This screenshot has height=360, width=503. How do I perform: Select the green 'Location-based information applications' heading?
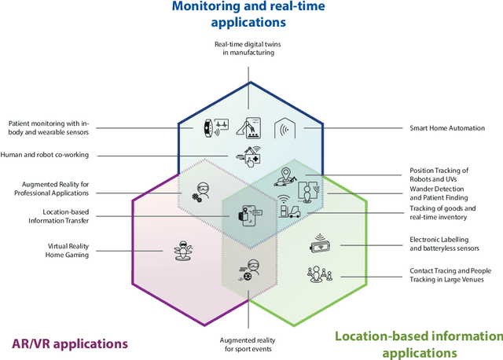(x=418, y=343)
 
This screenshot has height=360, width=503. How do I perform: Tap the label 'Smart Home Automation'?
(x=447, y=127)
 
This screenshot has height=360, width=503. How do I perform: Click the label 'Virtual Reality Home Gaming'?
(x=68, y=250)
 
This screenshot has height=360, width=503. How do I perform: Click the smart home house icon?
(x=284, y=128)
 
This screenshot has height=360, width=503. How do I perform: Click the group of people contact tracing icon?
(x=319, y=274)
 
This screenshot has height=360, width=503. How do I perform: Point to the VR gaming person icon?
(x=179, y=250)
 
